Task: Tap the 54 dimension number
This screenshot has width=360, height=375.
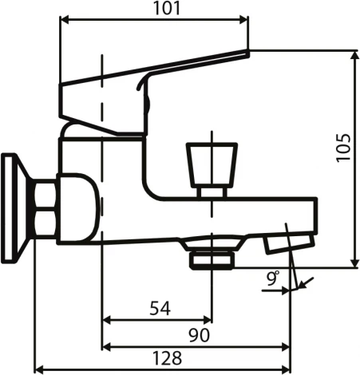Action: (x=158, y=309)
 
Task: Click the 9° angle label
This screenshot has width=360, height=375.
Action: (x=273, y=278)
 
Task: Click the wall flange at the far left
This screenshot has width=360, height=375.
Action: (x=13, y=207)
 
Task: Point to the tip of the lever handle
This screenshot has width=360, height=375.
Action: (x=245, y=53)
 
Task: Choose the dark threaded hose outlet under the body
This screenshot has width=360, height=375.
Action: (x=212, y=258)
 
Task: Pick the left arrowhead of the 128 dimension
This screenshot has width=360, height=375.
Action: (x=38, y=369)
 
